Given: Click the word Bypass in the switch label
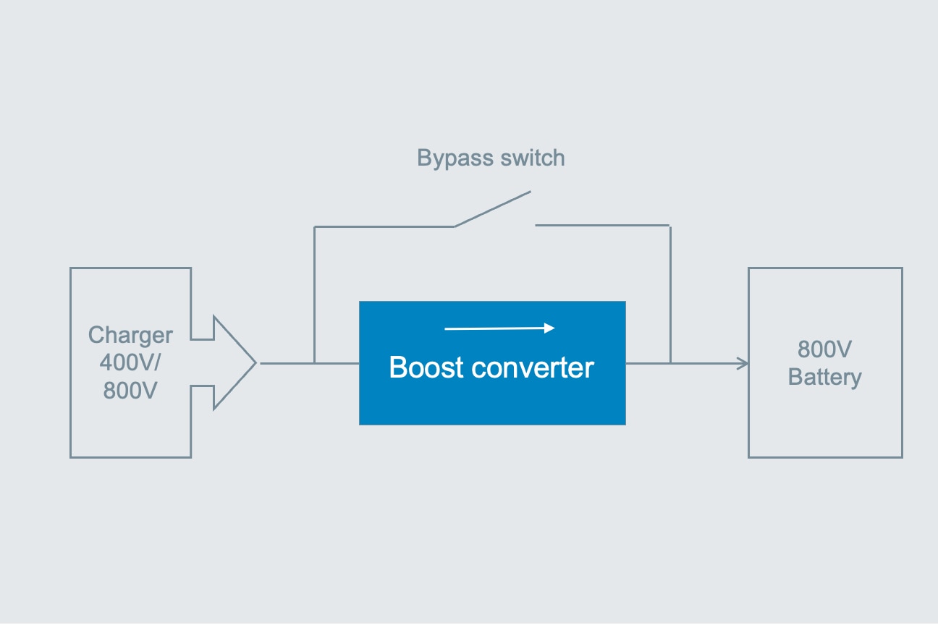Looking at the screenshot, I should point(455,158).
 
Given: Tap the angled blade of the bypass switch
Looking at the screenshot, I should point(492,209).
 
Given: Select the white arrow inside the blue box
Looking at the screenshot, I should point(499,328).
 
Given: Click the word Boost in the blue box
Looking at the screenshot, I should point(426,367).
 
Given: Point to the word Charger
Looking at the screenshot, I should point(130,335).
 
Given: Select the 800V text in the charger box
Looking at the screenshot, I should point(130,390).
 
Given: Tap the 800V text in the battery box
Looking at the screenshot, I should point(824,349).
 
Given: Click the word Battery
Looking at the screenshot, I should point(824,377).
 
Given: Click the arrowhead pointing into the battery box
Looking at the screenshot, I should point(743,363).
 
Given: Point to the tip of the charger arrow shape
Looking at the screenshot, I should point(255,362).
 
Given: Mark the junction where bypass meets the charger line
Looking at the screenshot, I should point(314,362).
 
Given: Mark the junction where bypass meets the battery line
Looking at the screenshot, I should point(670,362).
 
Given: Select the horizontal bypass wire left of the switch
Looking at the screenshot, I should point(384,226).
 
